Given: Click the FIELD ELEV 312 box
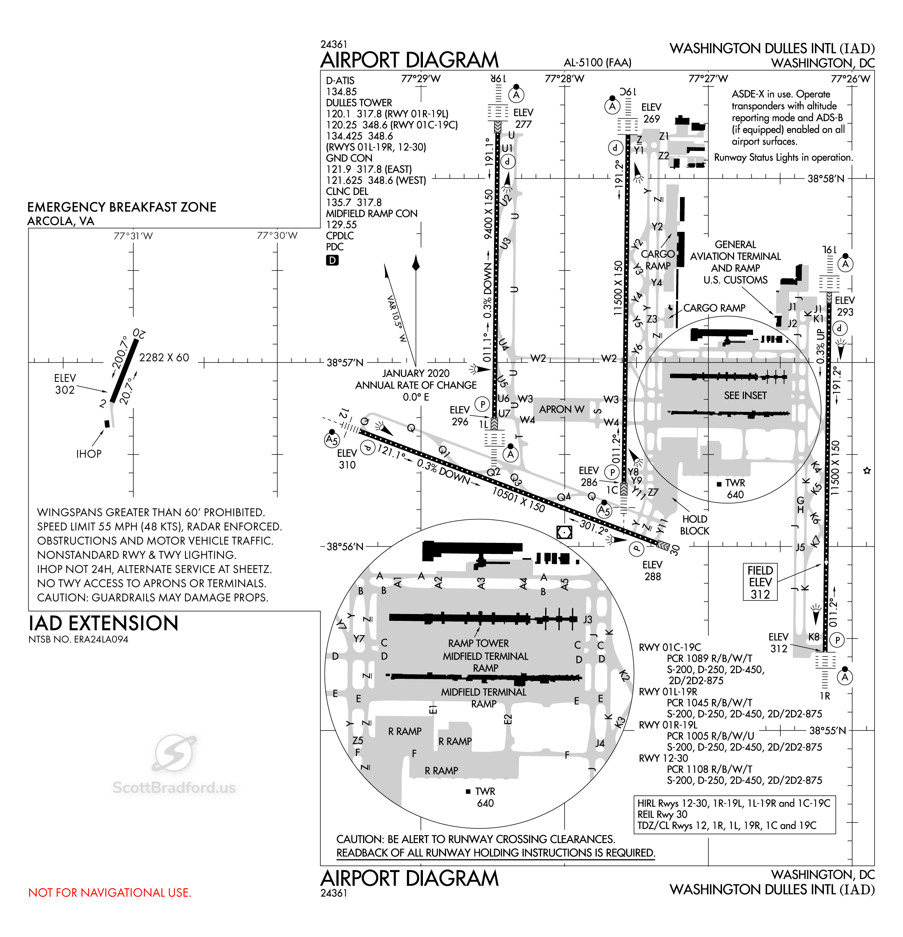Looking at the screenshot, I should pyautogui.click(x=760, y=582).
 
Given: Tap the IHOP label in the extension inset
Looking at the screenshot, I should pyautogui.click(x=89, y=454).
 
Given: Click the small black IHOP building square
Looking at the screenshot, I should pyautogui.click(x=107, y=424).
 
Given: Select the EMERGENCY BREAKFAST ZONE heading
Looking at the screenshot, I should pyautogui.click(x=122, y=207).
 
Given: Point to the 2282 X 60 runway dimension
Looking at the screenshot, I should pyautogui.click(x=164, y=358).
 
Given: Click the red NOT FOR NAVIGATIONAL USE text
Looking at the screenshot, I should pyautogui.click(x=109, y=893).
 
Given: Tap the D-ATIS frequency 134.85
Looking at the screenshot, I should pyautogui.click(x=341, y=91).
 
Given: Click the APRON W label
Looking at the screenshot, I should pyautogui.click(x=562, y=409).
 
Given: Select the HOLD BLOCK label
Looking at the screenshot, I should pyautogui.click(x=695, y=525).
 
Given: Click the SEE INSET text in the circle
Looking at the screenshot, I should pyautogui.click(x=745, y=395).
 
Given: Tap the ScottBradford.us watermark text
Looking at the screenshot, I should pyautogui.click(x=174, y=787).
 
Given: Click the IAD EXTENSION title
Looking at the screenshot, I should pyautogui.click(x=103, y=624).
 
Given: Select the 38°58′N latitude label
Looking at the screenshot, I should pyautogui.click(x=826, y=179).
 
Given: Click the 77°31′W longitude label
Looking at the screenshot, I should pyautogui.click(x=133, y=236).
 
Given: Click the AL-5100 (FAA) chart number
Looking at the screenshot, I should pyautogui.click(x=597, y=62).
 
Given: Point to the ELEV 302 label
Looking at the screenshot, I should pyautogui.click(x=65, y=384).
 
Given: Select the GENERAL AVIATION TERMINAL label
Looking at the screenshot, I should pyautogui.click(x=735, y=256).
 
